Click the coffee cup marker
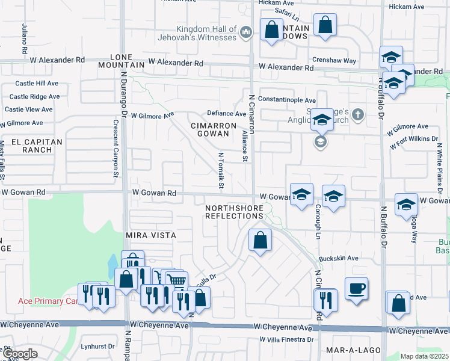(x=356, y=288)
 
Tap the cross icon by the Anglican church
(x=358, y=114)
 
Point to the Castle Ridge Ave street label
(x=34, y=96)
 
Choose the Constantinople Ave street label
(x=286, y=100)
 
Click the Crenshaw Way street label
(x=334, y=61)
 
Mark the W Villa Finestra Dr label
(x=286, y=339)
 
